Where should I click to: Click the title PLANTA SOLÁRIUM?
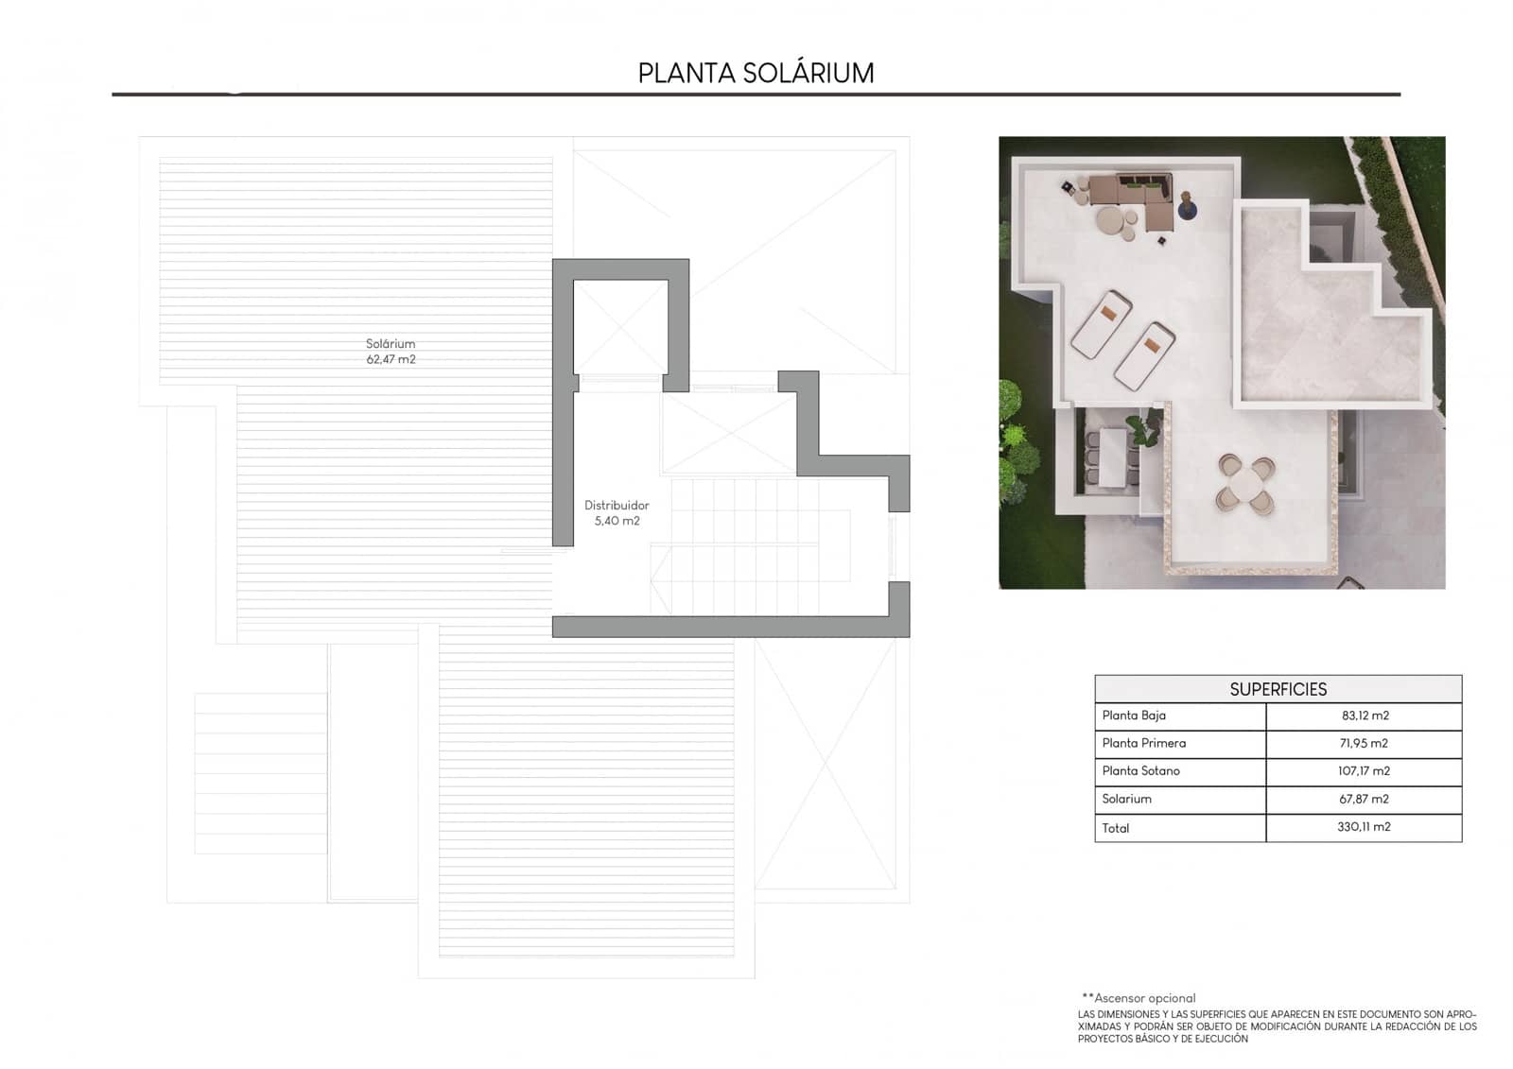click(756, 73)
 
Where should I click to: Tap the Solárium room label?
click(391, 344)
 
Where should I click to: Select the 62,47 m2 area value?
click(391, 360)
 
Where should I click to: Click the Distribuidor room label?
click(617, 506)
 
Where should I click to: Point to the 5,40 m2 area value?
click(617, 521)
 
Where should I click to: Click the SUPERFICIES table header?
click(1278, 689)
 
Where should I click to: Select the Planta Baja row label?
click(1134, 716)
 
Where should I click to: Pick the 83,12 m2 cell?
click(1364, 716)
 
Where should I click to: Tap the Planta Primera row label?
click(1143, 743)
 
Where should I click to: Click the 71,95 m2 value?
click(1364, 743)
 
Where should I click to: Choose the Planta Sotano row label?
click(1140, 770)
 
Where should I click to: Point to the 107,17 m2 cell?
click(1364, 770)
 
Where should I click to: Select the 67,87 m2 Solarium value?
click(1364, 799)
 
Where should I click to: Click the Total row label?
click(1116, 828)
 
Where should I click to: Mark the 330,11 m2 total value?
click(1364, 827)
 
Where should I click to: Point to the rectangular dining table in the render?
click(1112, 457)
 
